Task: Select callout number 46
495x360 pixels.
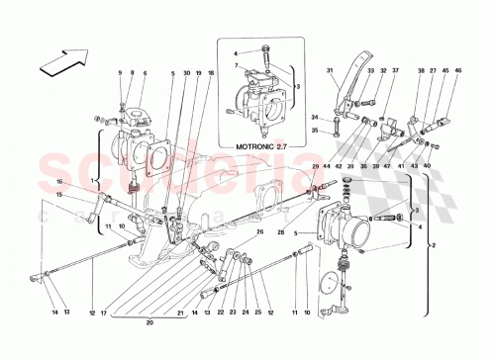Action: tap(456, 71)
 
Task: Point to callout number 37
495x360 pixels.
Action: tap(394, 71)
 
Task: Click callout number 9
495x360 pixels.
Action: tap(120, 74)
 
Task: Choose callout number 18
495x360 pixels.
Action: tap(210, 74)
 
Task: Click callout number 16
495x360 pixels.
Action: tap(58, 182)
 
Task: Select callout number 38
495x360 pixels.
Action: tap(420, 71)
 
